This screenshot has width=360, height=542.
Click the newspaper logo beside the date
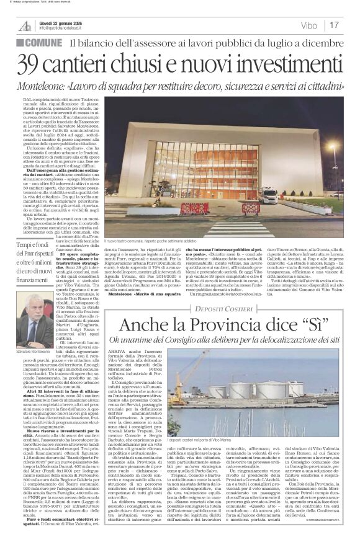25,25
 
